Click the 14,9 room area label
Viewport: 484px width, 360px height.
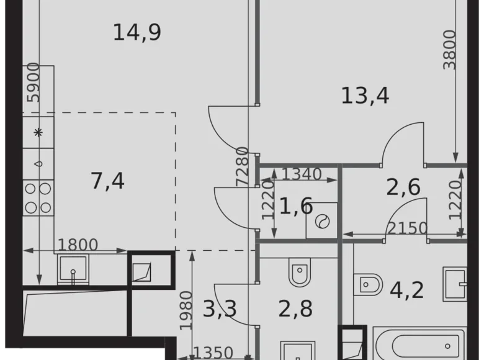tap(137, 32)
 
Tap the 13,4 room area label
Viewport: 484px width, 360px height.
tap(365, 96)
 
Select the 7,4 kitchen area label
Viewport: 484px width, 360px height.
tap(107, 181)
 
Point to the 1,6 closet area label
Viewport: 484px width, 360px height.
tap(295, 206)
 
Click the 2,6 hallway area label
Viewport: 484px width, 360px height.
tap(403, 187)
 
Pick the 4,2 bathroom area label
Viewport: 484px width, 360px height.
tap(406, 289)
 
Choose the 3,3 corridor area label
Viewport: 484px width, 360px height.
tap(220, 308)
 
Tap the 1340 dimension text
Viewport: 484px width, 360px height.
tap(302, 174)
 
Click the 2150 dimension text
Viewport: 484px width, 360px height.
tap(407, 228)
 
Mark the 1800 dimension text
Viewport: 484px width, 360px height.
tap(78, 245)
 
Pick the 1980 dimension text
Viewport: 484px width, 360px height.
tap(185, 310)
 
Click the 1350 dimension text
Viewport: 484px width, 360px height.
tap(212, 353)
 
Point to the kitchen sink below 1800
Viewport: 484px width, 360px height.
tap(74, 269)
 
